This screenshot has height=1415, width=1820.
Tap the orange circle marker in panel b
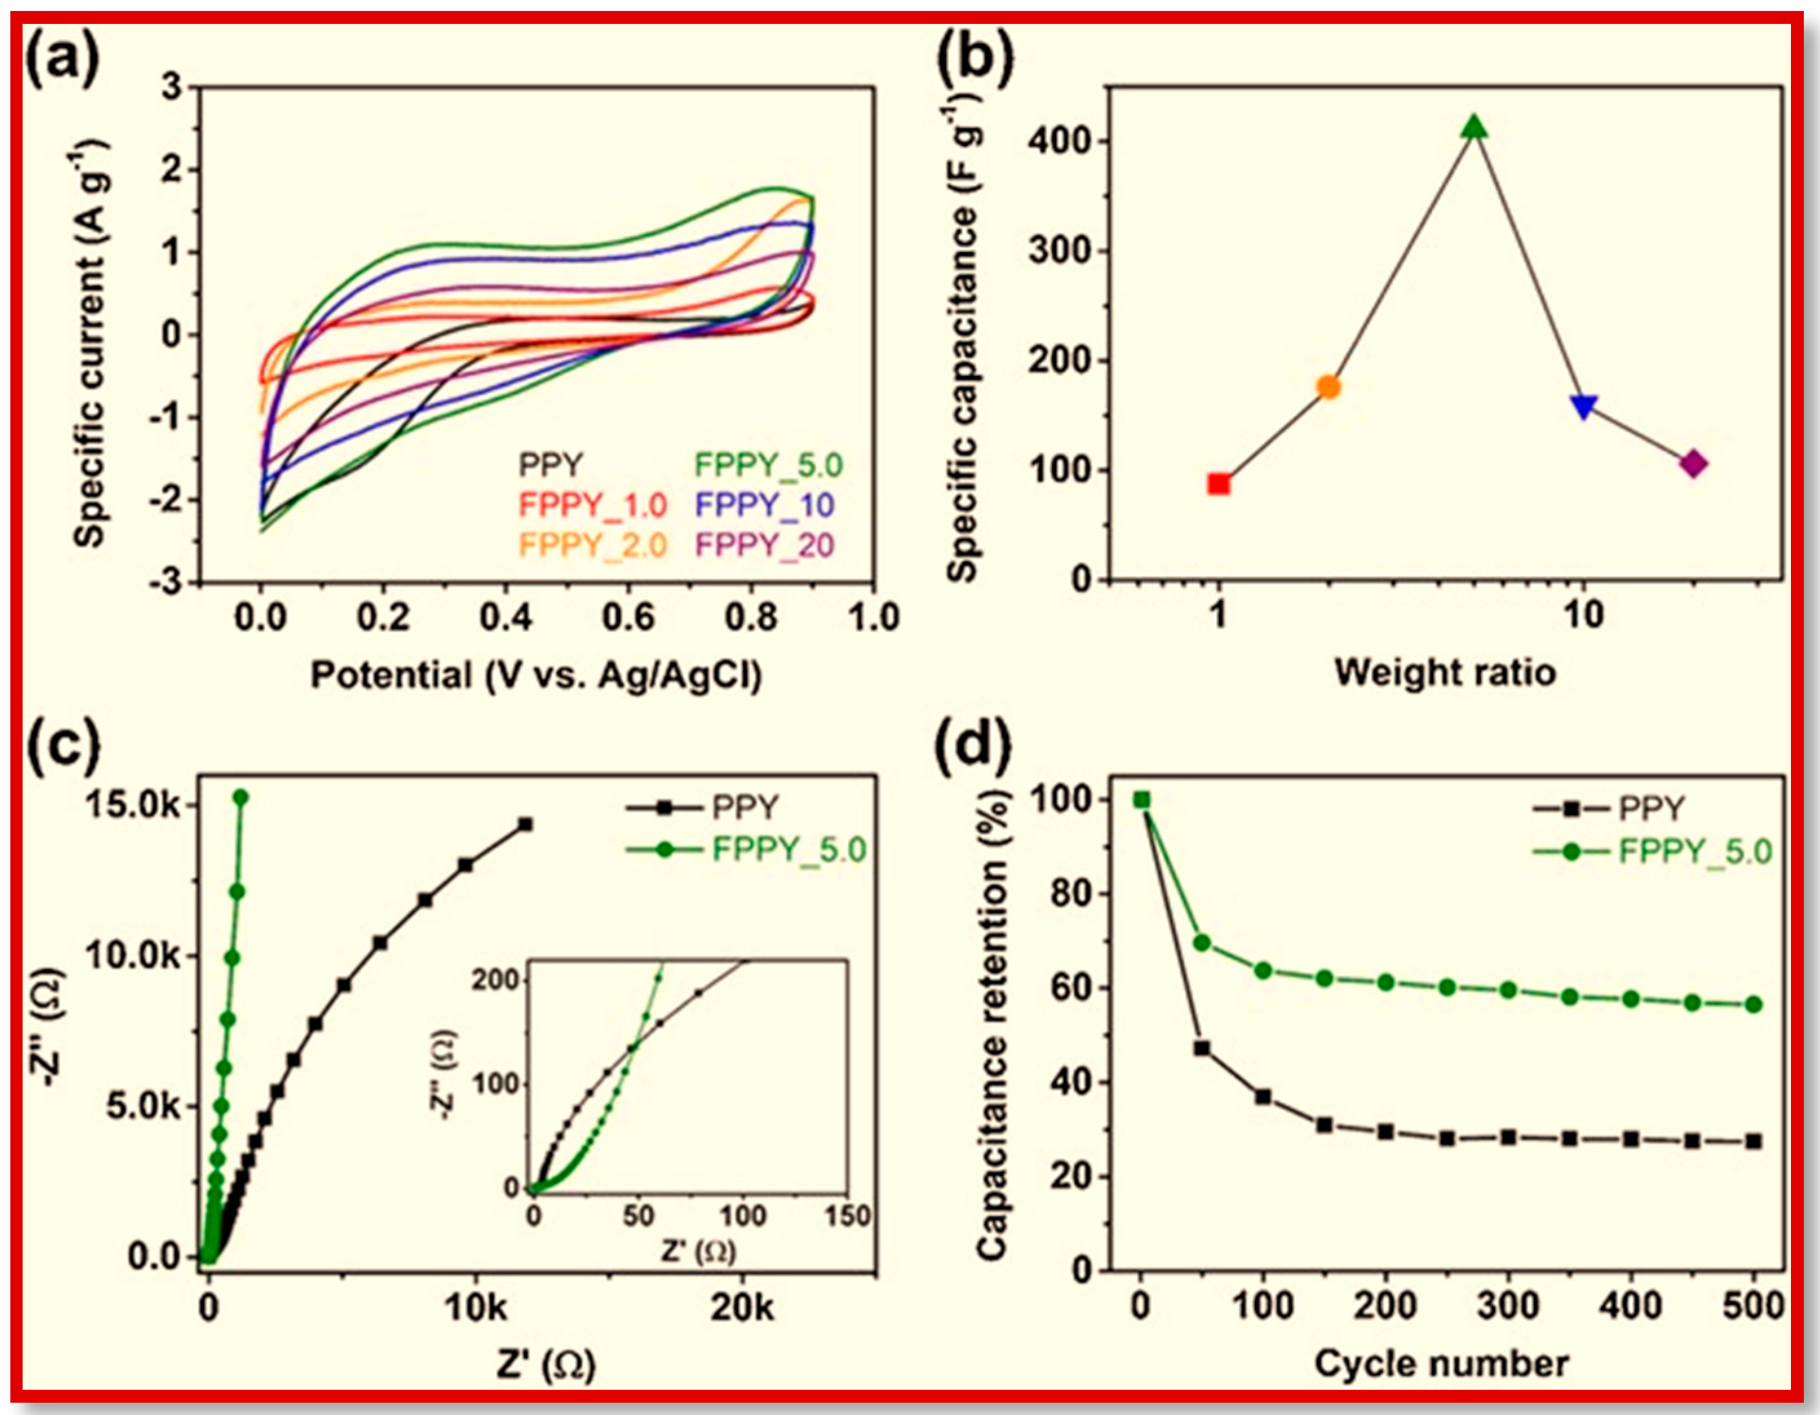click(1329, 387)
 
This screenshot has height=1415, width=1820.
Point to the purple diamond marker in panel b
click(1693, 464)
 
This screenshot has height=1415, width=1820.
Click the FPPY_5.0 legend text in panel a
click(769, 465)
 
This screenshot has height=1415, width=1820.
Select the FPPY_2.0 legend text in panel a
click(592, 545)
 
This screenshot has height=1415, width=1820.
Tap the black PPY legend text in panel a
click(550, 465)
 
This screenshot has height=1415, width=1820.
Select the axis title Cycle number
click(1442, 1364)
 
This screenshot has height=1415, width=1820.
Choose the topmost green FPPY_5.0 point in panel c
click(241, 798)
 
